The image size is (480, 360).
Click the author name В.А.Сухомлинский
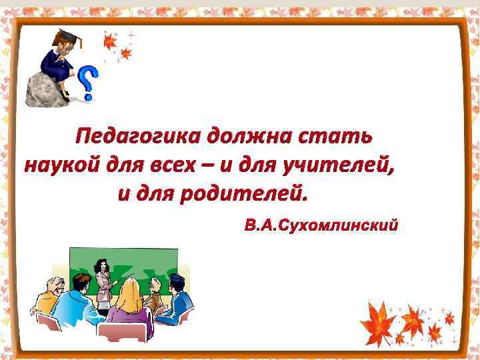[x=321, y=225]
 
